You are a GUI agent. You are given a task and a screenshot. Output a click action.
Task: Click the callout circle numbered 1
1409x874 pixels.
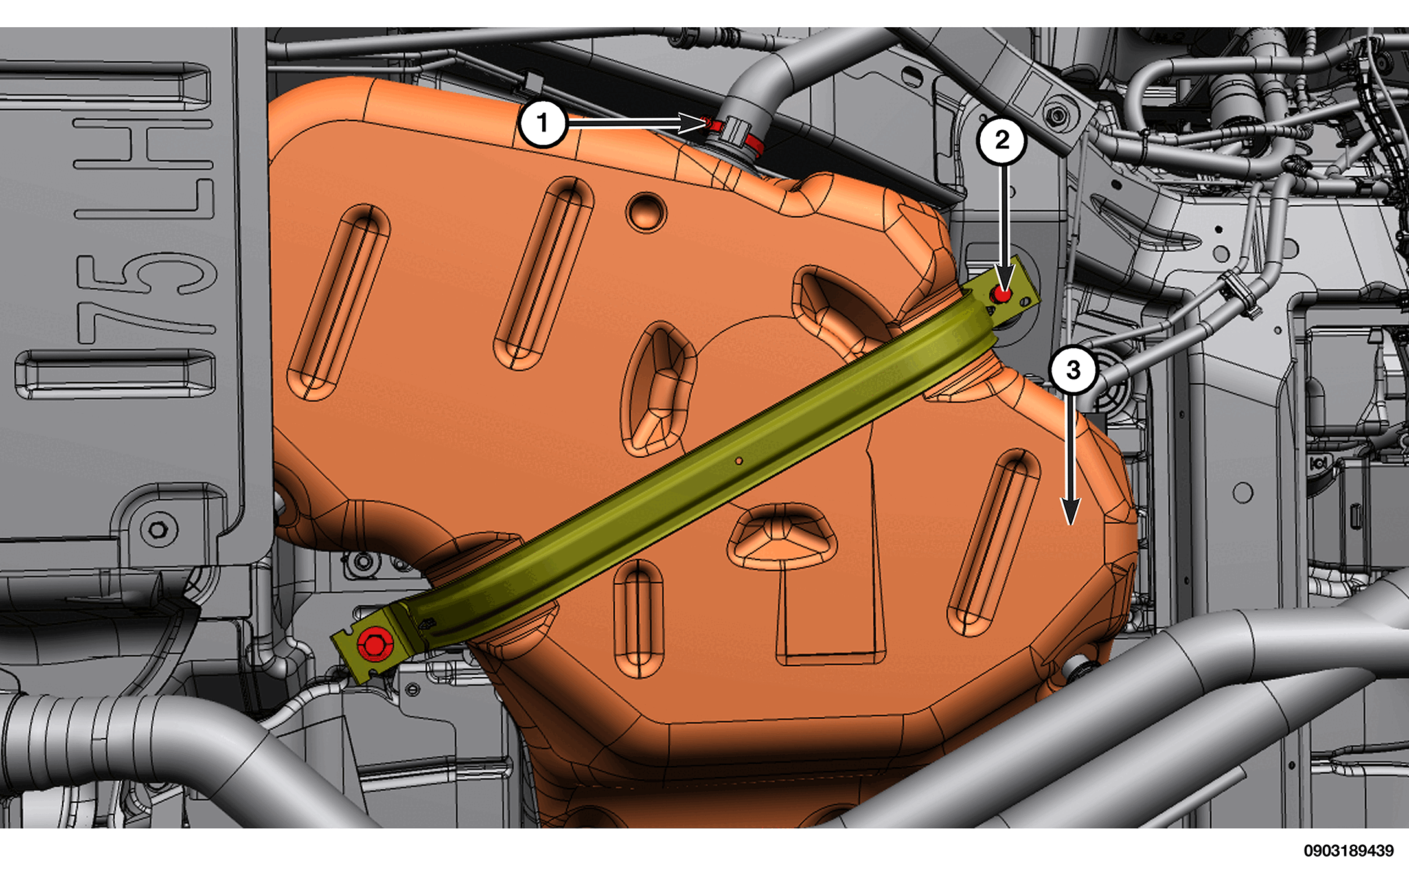point(543,122)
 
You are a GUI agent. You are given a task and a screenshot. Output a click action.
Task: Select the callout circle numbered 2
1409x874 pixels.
point(1002,140)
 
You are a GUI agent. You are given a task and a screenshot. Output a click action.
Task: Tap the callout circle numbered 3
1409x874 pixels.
point(1073,370)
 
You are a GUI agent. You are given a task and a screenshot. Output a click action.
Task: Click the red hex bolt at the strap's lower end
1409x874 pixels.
point(374,644)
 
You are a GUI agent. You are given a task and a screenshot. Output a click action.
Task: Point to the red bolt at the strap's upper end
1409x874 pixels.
point(1002,295)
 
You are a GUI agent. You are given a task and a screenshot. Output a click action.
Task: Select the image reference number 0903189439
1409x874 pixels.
point(1349,850)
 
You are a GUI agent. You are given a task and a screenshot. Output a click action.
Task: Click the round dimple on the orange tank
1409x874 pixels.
point(646,211)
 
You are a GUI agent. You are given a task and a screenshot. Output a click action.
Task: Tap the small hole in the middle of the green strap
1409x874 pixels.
point(739,461)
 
